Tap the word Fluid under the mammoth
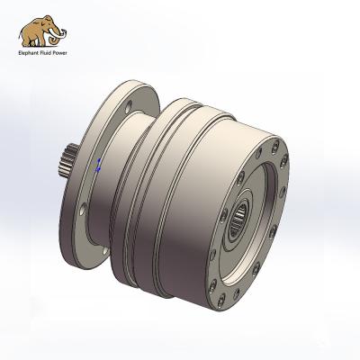pos(46,51)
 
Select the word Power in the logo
pos(61,51)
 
